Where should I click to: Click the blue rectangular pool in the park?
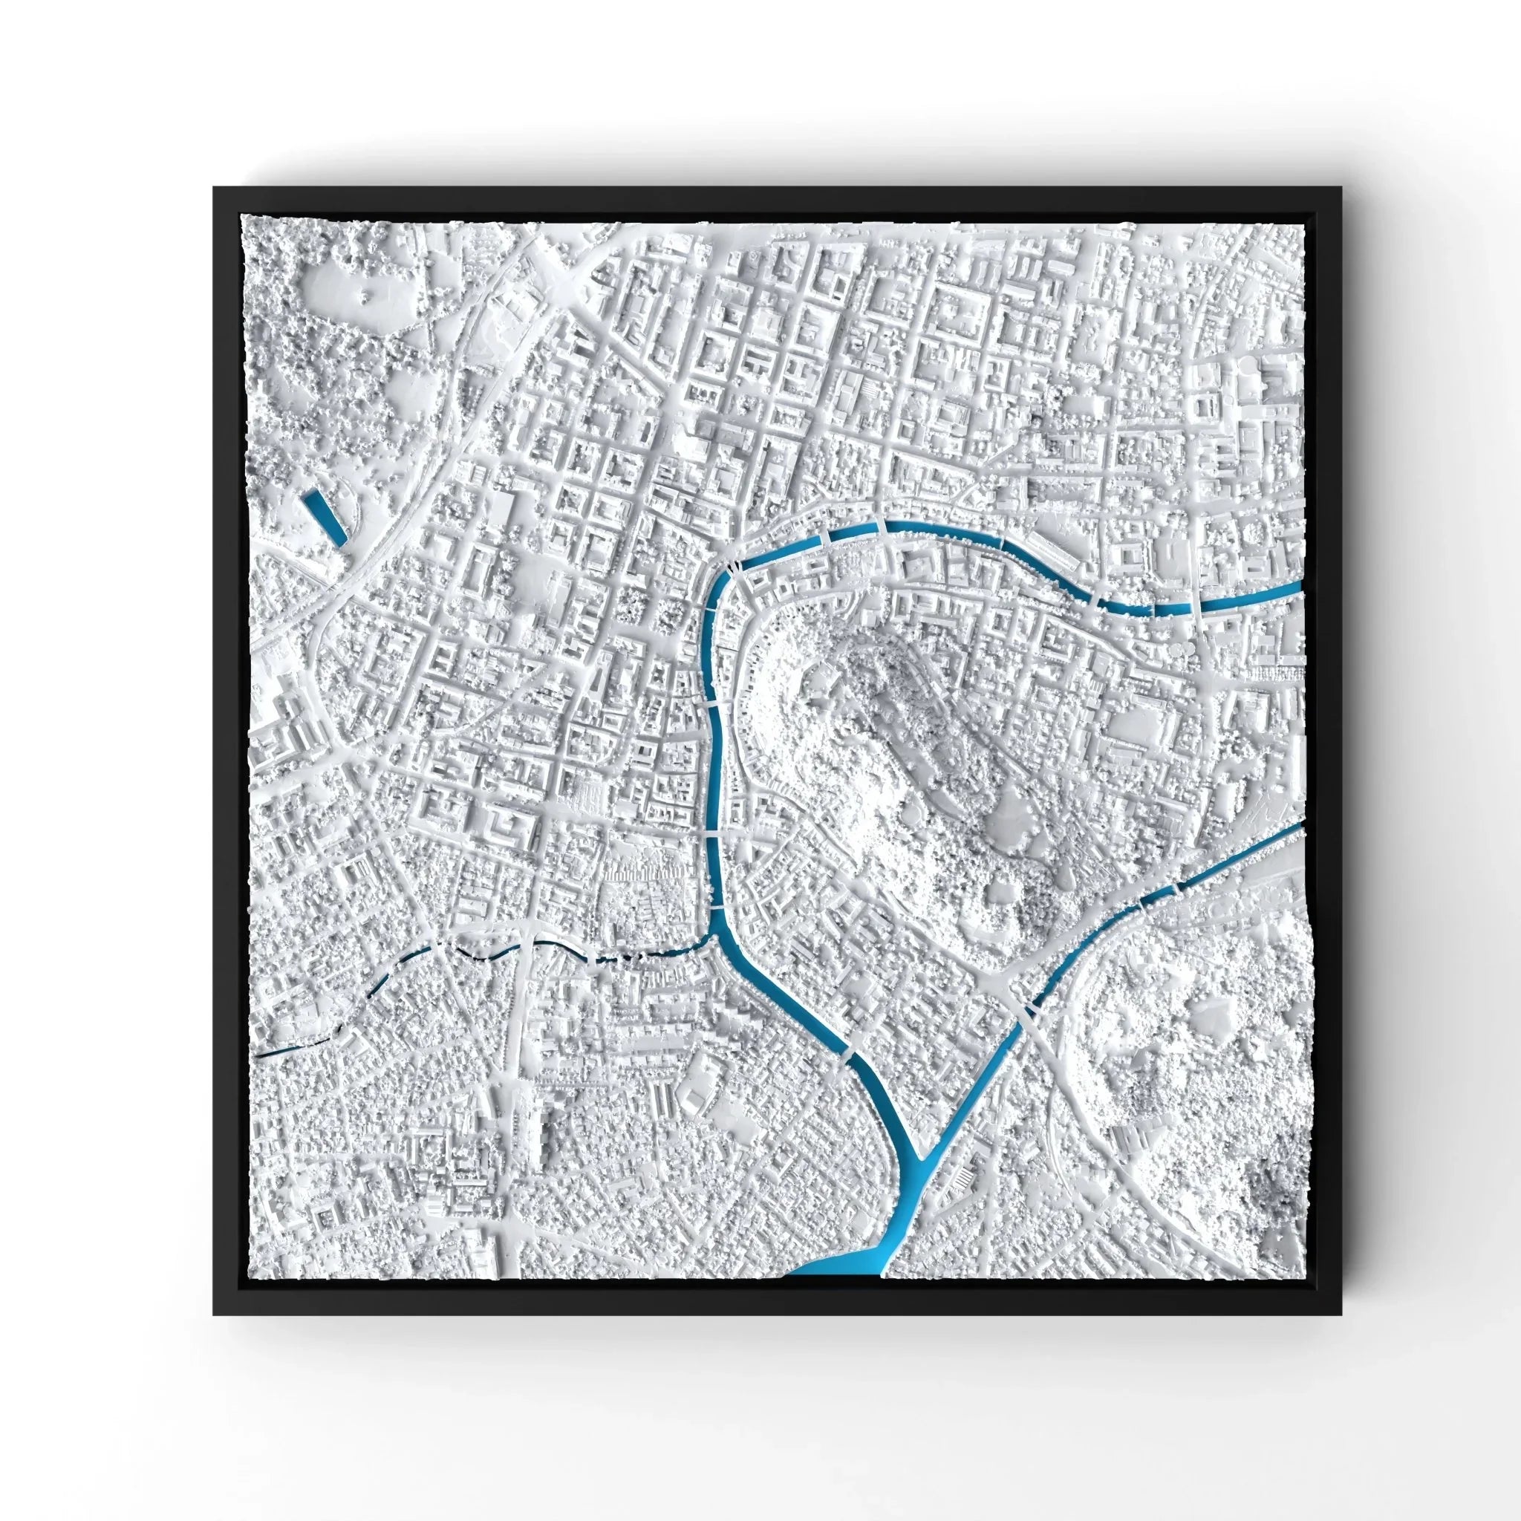[x=325, y=515]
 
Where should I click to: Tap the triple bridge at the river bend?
[x=733, y=564]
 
